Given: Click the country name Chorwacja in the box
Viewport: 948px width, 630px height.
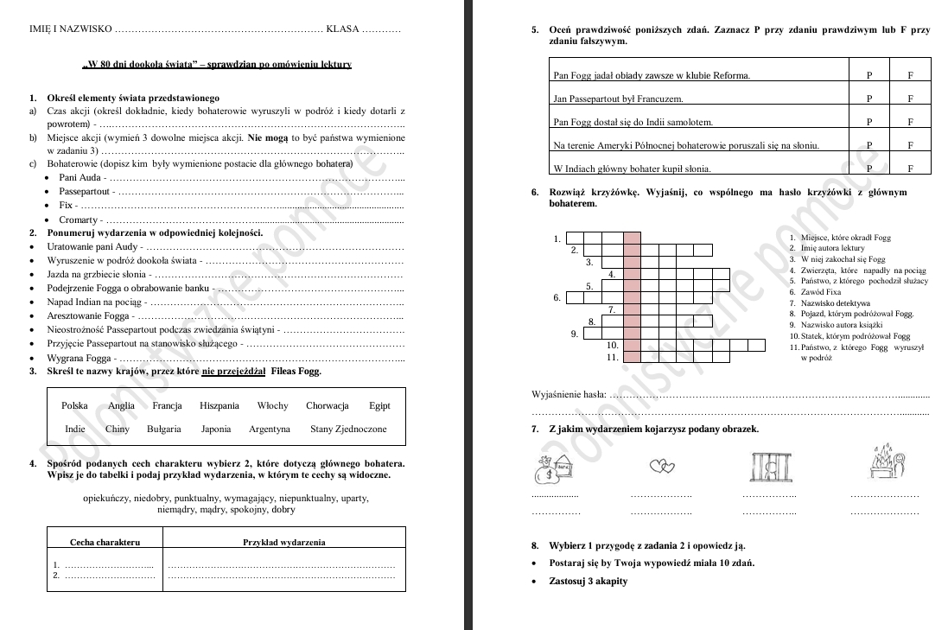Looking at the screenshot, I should pyautogui.click(x=327, y=405).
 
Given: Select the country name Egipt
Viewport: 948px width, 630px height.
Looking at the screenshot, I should pyautogui.click(x=379, y=405).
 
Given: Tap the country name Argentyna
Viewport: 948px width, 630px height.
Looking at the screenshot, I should pyautogui.click(x=269, y=429).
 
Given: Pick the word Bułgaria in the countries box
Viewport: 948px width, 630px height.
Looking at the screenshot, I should pyautogui.click(x=164, y=429).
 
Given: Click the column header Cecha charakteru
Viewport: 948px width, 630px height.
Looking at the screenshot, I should pyautogui.click(x=105, y=542).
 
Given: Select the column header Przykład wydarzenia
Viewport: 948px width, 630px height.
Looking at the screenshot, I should pyautogui.click(x=283, y=542).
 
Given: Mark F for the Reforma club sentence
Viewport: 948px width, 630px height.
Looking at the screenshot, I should pyautogui.click(x=910, y=75).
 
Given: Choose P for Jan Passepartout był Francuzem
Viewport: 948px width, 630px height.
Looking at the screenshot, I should pyautogui.click(x=869, y=99).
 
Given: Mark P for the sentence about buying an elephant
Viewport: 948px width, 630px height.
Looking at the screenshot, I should pyautogui.click(x=869, y=169).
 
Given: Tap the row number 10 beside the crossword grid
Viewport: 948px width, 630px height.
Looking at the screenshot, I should pyautogui.click(x=613, y=345).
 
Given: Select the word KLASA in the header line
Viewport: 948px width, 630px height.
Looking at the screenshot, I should pyautogui.click(x=342, y=29).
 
